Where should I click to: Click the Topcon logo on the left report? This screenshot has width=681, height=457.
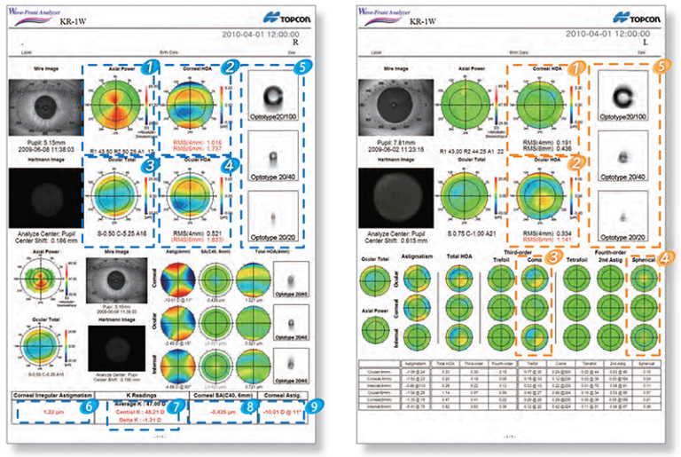point(291,17)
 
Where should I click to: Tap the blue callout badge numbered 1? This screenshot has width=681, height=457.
point(152,66)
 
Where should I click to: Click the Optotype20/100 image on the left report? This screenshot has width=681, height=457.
point(266,92)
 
